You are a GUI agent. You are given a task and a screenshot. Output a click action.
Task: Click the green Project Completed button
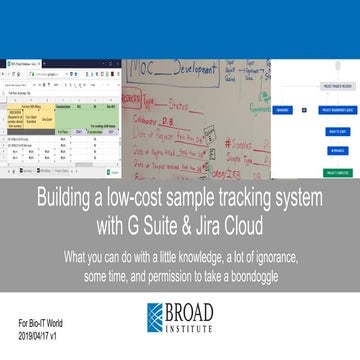(329, 172)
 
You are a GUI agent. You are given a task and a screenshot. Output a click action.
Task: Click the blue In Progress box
(329, 149)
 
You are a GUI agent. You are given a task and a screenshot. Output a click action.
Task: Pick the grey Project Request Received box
(329, 85)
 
